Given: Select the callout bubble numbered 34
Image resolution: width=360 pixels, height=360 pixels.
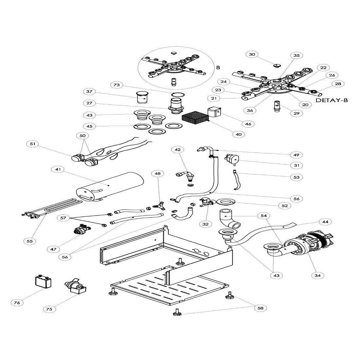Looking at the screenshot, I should pos(317,275).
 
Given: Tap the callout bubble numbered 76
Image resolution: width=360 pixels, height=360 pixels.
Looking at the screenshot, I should pos(17,303).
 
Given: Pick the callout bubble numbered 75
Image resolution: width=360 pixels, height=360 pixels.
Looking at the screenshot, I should pos(49,309).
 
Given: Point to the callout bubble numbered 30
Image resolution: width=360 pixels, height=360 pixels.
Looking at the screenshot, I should pos(252,54).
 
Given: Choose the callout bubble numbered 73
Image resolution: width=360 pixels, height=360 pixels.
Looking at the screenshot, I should pos(117,85).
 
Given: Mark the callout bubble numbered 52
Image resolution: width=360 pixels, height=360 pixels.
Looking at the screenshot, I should pos(284,206).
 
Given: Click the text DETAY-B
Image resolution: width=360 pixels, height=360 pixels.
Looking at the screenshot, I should pos(332,100).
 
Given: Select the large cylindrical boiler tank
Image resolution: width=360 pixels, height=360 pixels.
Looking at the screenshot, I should pos(110,187).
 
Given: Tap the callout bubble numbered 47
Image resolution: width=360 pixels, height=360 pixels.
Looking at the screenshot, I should pos(53,249).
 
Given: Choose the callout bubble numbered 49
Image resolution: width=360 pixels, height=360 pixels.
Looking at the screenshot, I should pos(297,154).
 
